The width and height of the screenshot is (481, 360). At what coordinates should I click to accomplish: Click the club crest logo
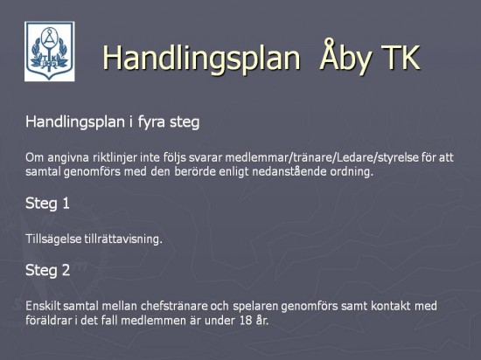coord(49,52)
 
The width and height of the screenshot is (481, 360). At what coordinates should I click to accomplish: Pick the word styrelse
coord(398,158)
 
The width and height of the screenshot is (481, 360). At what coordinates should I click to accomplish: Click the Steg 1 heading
coord(47,204)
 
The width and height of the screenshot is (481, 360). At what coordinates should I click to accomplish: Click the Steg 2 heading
coord(47,271)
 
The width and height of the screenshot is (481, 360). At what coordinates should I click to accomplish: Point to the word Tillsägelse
coord(53,239)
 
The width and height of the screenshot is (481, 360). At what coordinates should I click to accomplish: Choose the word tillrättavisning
coord(123,239)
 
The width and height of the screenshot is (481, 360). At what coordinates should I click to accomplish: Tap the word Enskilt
coord(43,306)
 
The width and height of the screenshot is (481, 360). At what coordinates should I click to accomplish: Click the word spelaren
coord(254,306)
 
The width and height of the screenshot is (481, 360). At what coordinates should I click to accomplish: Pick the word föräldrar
coord(48,320)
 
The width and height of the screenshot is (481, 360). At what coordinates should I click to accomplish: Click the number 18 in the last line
coord(244,321)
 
